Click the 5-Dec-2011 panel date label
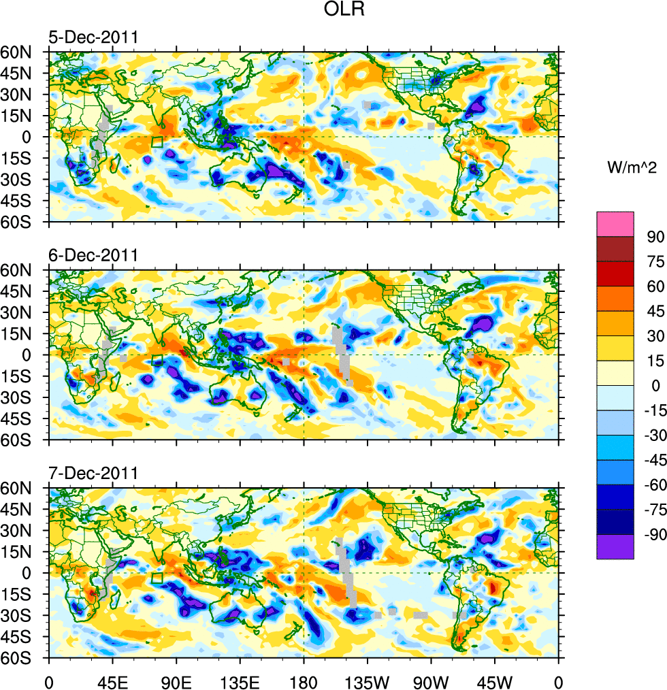click(x=93, y=37)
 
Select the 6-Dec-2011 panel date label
click(x=93, y=256)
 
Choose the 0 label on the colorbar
click(x=655, y=386)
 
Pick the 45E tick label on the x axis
click(x=112, y=680)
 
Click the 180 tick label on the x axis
click(x=304, y=680)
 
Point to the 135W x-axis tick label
click(x=368, y=680)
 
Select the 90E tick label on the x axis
click(x=176, y=680)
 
